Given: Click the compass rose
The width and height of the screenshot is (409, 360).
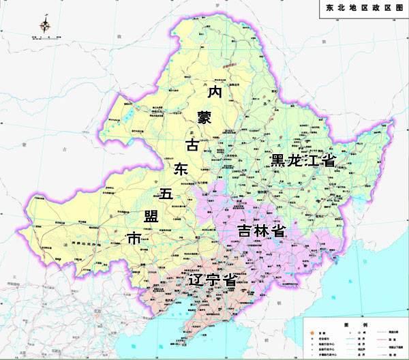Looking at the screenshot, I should pos(46,27).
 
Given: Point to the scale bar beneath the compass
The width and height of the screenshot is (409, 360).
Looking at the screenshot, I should pos(46,38).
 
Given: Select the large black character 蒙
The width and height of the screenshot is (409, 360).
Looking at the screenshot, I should pos(204,117).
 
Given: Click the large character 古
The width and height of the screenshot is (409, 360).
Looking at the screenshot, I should pos(193,145).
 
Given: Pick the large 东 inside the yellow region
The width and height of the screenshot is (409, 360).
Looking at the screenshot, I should pos(180,169).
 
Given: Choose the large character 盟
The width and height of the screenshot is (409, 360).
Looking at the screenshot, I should pos(152,217).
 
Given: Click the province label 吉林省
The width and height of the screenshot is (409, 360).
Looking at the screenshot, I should pos(260,230).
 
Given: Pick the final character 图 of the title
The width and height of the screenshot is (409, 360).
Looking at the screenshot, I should pos(399,8).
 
